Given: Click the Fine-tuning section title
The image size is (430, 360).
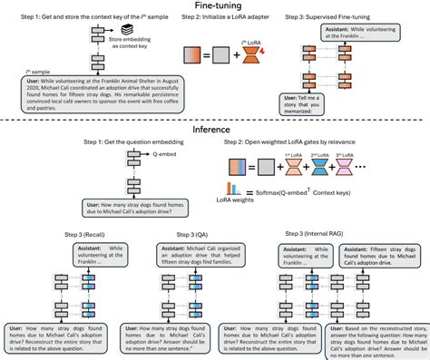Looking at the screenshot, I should click(x=216, y=5).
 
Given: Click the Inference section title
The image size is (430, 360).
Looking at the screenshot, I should click(x=215, y=130).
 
